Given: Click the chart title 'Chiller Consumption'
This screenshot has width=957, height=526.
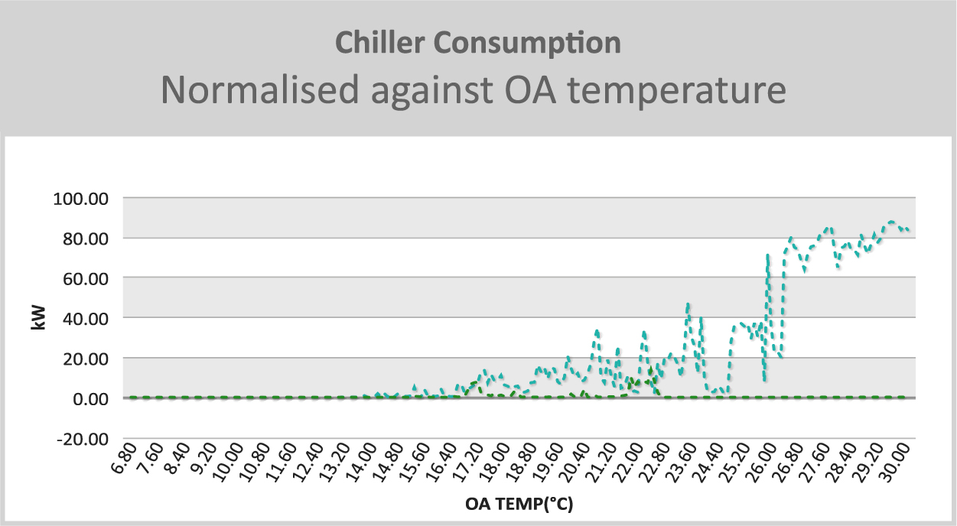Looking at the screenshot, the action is point(477,44).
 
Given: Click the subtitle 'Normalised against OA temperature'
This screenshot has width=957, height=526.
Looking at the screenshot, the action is point(474,90).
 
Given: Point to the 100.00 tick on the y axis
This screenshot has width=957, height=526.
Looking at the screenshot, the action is point(81,199).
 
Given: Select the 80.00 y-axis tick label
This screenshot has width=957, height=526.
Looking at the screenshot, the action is point(86,239).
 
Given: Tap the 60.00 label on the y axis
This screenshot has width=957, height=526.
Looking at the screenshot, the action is point(86,279).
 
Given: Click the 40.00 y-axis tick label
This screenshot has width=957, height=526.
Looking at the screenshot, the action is point(86,319).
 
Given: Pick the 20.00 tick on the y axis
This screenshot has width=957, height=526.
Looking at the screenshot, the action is point(86,359).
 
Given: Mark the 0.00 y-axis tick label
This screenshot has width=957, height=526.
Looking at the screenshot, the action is point(90,399).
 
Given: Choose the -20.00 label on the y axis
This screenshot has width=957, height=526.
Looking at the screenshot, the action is point(83,440).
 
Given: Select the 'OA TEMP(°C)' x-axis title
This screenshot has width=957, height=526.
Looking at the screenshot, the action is point(519,505).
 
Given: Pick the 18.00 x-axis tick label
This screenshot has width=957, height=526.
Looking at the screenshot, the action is point(494,463).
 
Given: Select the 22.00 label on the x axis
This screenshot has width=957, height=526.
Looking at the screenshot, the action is point(627,463).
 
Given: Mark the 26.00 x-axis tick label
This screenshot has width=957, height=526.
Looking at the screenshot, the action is point(761,463).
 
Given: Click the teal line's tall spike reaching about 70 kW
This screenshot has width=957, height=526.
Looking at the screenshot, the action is point(768,255).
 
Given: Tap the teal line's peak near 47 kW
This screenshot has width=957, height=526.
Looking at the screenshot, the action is point(688,304).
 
